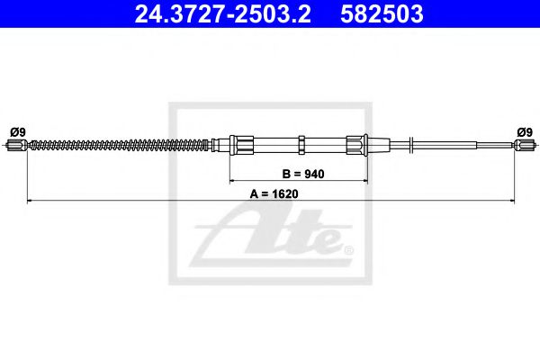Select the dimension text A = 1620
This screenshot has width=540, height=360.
click(274, 191)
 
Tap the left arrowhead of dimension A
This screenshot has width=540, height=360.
click(31, 199)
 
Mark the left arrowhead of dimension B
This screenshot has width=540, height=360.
click(230, 179)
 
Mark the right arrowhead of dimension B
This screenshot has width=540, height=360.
click(367, 179)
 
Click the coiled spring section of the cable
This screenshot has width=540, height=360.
click(117, 143)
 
